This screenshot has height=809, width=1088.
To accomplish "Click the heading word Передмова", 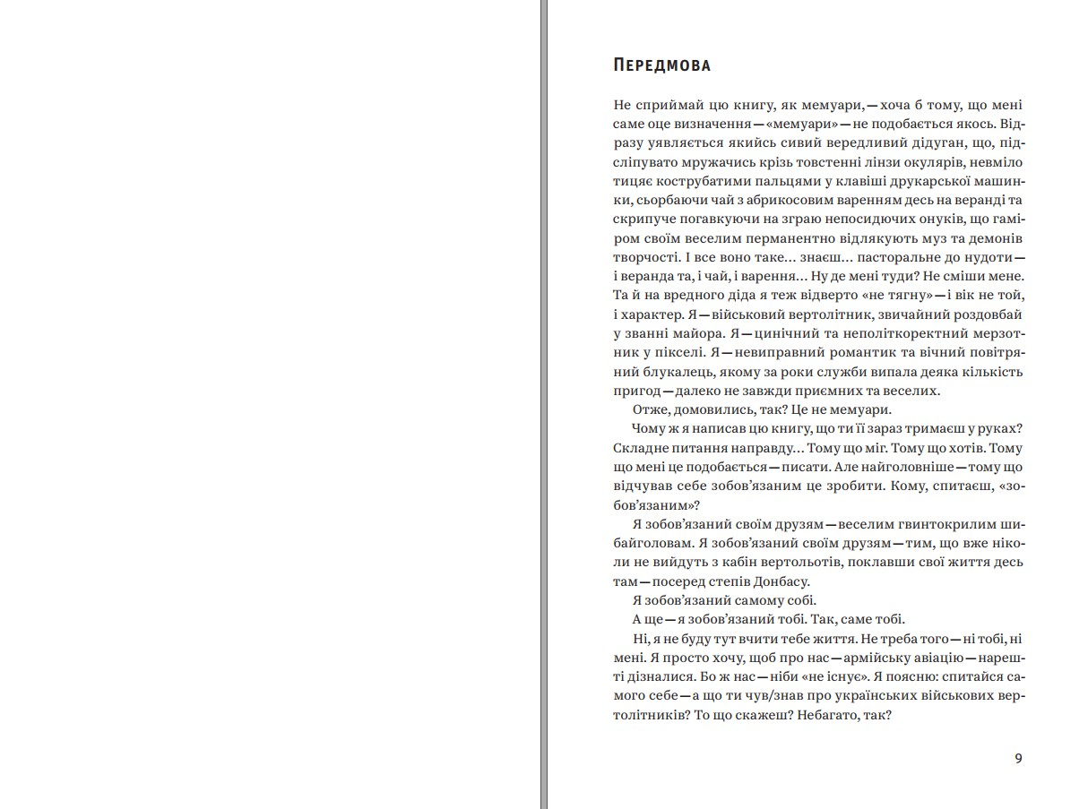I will (x=662, y=65).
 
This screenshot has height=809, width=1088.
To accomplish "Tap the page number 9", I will (x=1018, y=758).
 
